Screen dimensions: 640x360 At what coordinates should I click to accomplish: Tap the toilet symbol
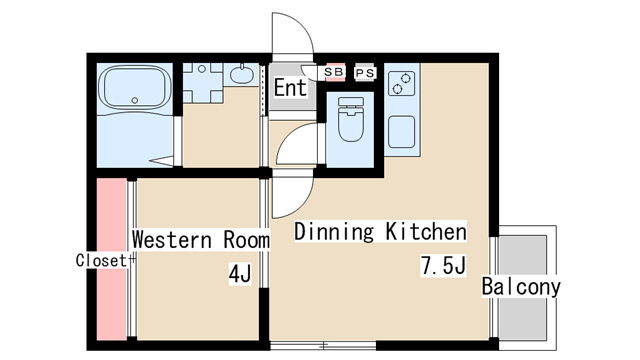click(x=351, y=119)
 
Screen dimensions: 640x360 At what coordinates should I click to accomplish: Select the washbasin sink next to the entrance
click(x=241, y=74)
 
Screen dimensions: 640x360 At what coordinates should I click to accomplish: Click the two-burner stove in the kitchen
click(x=401, y=83)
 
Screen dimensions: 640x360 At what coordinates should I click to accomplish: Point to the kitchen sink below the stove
click(x=402, y=132)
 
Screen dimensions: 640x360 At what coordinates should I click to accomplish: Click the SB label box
click(x=334, y=72)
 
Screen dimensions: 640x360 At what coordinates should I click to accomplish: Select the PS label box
click(x=364, y=73)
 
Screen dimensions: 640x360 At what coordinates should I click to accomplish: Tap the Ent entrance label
click(x=290, y=87)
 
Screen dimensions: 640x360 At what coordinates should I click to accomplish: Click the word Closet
click(x=102, y=260)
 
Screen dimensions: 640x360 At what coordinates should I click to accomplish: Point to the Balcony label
click(x=521, y=287)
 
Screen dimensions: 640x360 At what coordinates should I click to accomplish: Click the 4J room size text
click(x=240, y=274)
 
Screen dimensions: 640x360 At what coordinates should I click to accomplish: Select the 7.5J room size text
click(x=443, y=266)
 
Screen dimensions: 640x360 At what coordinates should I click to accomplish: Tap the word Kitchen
click(x=426, y=231)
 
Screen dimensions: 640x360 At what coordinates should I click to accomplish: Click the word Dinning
click(x=334, y=232)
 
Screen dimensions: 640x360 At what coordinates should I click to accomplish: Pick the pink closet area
click(x=111, y=259)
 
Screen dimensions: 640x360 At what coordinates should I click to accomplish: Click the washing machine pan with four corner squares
click(x=202, y=82)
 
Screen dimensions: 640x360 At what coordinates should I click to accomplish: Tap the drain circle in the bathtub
click(x=135, y=100)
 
